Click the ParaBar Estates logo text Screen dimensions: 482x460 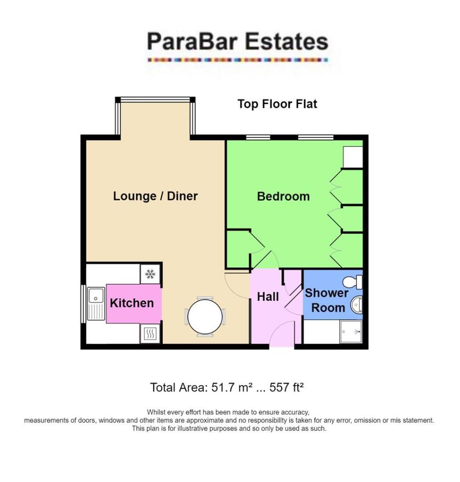click(237, 42)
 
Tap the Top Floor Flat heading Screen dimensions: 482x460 click(277, 104)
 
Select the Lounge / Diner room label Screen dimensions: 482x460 click(155, 196)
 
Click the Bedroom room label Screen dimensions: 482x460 click(283, 196)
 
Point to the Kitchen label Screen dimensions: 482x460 click(132, 303)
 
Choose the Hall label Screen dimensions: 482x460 click(268, 297)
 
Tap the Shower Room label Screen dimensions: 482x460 click(326, 300)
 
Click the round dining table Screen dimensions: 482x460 click(205, 317)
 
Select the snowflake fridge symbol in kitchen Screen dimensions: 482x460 click(150, 274)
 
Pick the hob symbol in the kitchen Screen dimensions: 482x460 click(150, 334)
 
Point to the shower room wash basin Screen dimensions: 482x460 click(357, 305)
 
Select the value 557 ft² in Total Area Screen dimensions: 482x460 click(286, 388)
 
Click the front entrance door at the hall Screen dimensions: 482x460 click(282, 335)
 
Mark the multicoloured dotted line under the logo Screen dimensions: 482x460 click(237, 60)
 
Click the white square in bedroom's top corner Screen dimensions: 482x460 click(353, 157)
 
